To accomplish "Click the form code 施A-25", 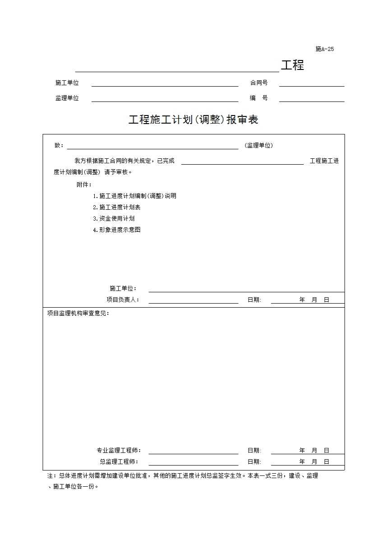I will tap(324, 49).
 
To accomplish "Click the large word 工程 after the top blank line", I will tap(292, 65).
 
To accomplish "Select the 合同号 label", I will tap(259, 83).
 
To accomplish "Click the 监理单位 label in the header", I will tap(67, 98).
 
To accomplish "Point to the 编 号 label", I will tap(259, 98).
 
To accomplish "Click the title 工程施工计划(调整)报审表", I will tap(193, 120).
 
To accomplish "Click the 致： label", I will tap(59, 146).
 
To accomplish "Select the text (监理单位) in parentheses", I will tap(258, 146).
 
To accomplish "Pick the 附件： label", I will tap(84, 184).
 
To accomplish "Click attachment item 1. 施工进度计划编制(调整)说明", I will tap(134, 196).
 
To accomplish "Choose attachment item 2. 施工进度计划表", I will tap(116, 207).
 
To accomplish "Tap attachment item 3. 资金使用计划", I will tap(114, 218).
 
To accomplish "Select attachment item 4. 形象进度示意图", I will tap(116, 230).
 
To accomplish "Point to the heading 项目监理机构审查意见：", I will tap(78, 314).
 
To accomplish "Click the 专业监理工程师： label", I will tap(119, 450).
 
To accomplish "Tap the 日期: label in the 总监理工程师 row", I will tap(254, 461).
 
